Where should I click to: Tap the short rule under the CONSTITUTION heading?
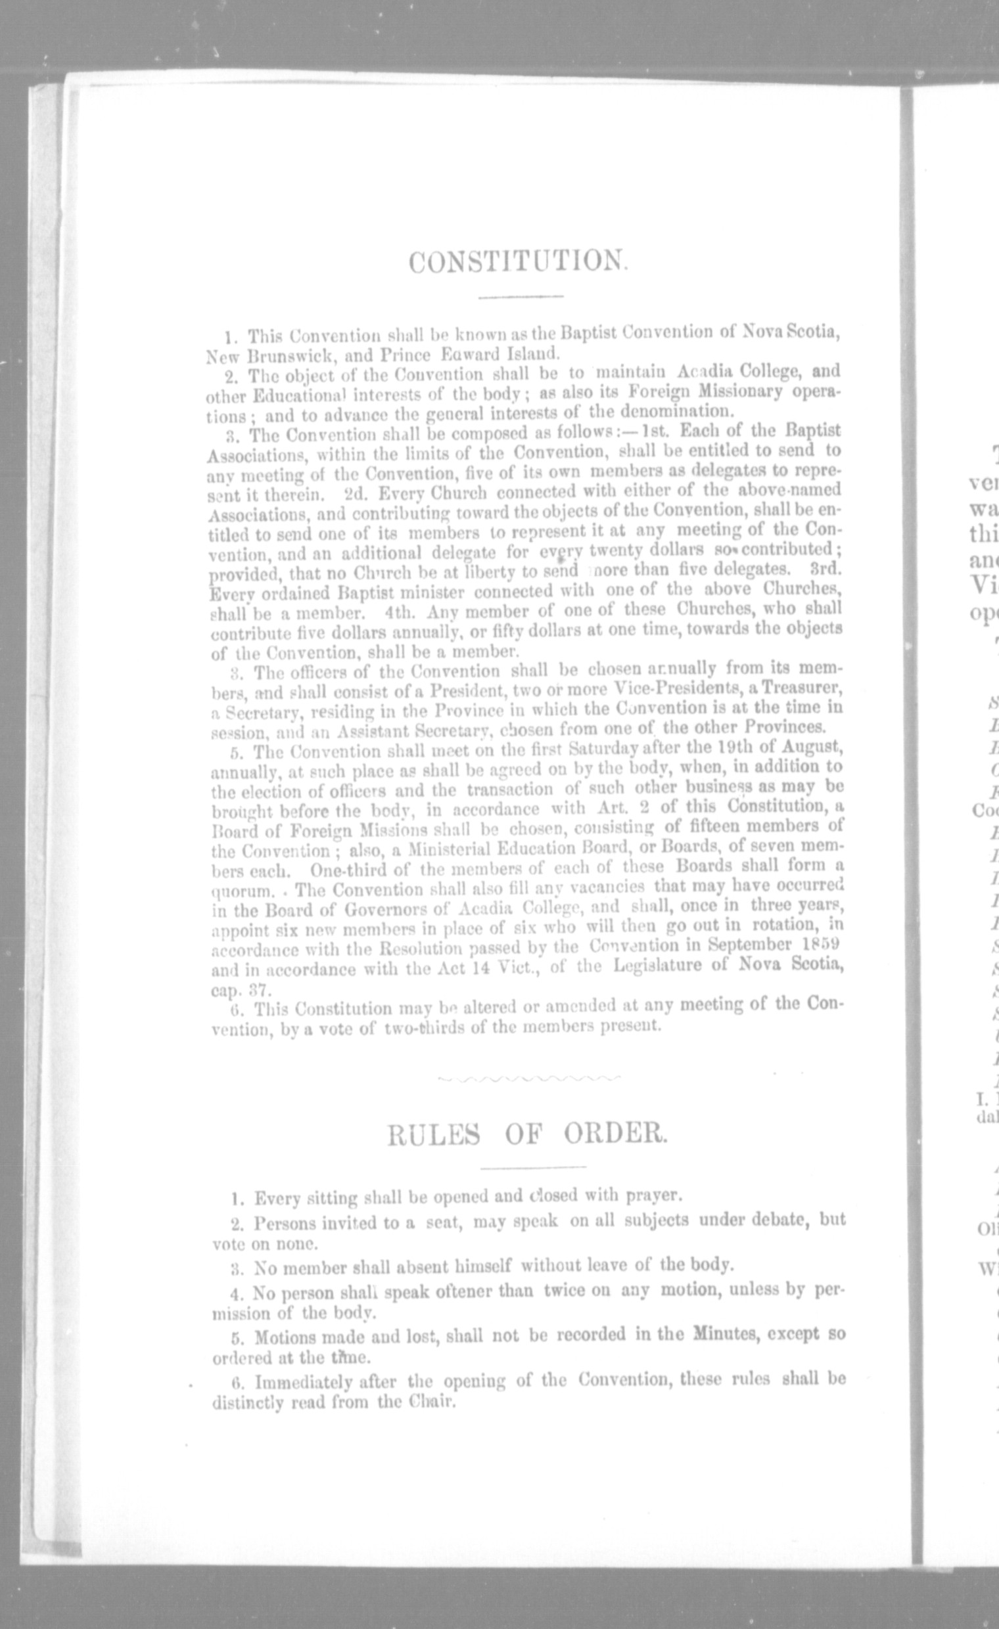pos(520,298)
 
